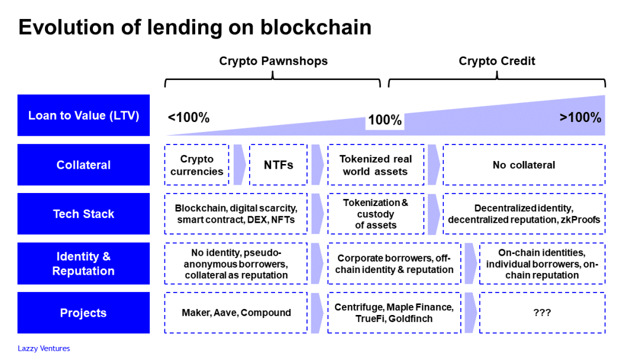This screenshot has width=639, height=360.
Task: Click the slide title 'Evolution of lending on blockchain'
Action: tap(195, 27)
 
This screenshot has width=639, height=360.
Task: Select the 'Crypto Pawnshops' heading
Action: tap(273, 61)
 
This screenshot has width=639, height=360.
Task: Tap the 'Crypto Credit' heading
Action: tap(496, 61)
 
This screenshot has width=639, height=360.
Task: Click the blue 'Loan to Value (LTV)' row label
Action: tap(83, 115)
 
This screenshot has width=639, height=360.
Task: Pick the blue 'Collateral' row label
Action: tap(83, 165)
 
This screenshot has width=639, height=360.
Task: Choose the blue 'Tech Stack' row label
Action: tap(83, 214)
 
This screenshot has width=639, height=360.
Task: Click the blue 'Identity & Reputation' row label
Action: tap(83, 263)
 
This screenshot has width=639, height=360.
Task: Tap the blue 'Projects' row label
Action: tap(83, 313)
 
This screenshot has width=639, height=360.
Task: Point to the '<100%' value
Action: tap(189, 117)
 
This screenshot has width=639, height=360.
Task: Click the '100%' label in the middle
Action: tap(385, 120)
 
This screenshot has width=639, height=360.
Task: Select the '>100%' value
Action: tap(580, 117)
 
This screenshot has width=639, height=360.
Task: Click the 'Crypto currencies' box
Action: tap(196, 165)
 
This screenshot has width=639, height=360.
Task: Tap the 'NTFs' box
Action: tap(278, 165)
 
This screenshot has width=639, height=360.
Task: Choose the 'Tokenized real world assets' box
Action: tap(375, 165)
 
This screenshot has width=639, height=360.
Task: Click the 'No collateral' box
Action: tap(524, 165)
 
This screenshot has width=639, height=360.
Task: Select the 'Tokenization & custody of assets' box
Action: tap(375, 214)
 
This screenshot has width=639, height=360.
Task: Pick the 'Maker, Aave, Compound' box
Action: tap(235, 313)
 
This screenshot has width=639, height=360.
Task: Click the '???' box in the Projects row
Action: tap(541, 313)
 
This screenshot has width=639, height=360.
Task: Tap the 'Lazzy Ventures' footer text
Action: tap(44, 348)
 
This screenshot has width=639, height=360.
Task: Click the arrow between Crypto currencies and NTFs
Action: tap(239, 165)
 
